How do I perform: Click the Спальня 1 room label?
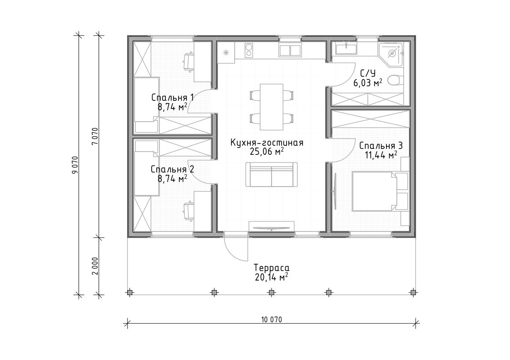click(173, 98)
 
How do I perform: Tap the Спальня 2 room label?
click(173, 169)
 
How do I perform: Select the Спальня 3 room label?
click(381, 146)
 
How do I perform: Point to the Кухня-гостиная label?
click(267, 143)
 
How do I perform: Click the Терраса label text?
click(272, 268)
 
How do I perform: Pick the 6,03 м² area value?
click(368, 83)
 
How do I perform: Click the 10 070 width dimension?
click(272, 320)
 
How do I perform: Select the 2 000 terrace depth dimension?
click(95, 266)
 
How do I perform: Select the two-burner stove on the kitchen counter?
click(249, 50)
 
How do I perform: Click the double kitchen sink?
click(290, 51)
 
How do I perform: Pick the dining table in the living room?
click(271, 107)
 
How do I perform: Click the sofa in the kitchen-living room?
click(272, 175)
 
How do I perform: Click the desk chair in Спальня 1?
click(188, 62)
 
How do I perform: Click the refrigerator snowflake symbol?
click(226, 53)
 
